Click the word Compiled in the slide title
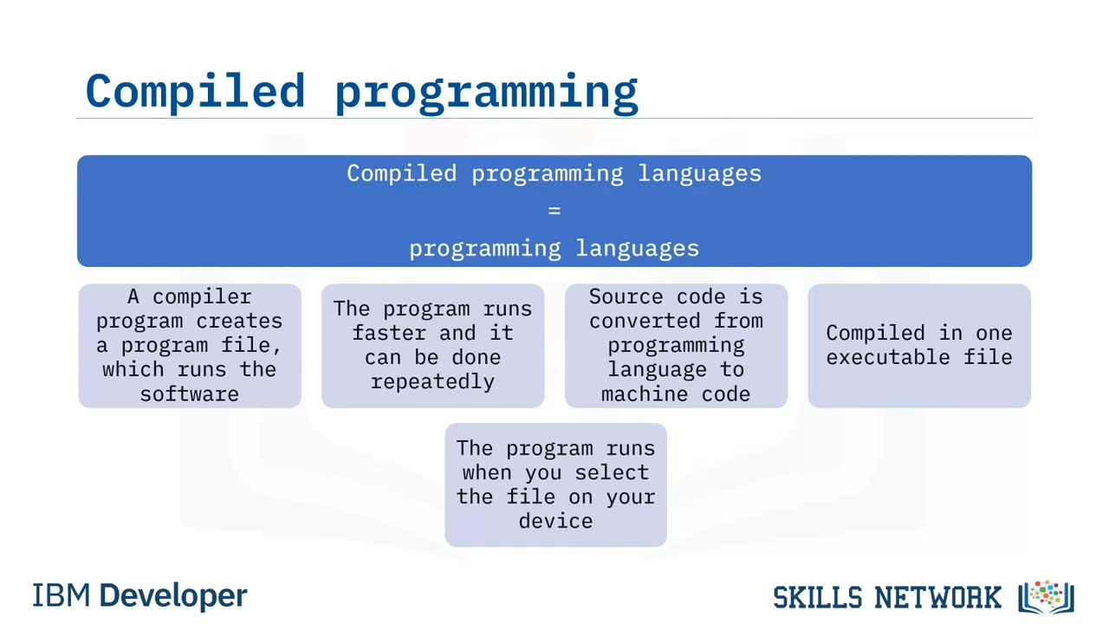tap(195, 92)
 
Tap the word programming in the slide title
tap(487, 93)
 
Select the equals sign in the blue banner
tap(554, 211)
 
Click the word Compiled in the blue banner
tap(401, 173)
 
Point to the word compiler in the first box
tap(202, 297)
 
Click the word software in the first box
tap(190, 394)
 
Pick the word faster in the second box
tap(390, 332)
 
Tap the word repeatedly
tap(432, 382)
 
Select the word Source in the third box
tap(626, 296)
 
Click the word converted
tap(645, 321)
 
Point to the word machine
tap(645, 394)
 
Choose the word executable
tap(888, 357)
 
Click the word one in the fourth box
tap(994, 333)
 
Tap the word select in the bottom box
tap(612, 472)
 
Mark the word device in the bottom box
tap(555, 521)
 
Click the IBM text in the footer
tap(62, 595)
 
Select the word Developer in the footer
tap(173, 596)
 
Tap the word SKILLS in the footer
tap(818, 597)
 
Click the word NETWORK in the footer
tap(938, 597)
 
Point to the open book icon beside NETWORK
tap(1046, 597)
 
